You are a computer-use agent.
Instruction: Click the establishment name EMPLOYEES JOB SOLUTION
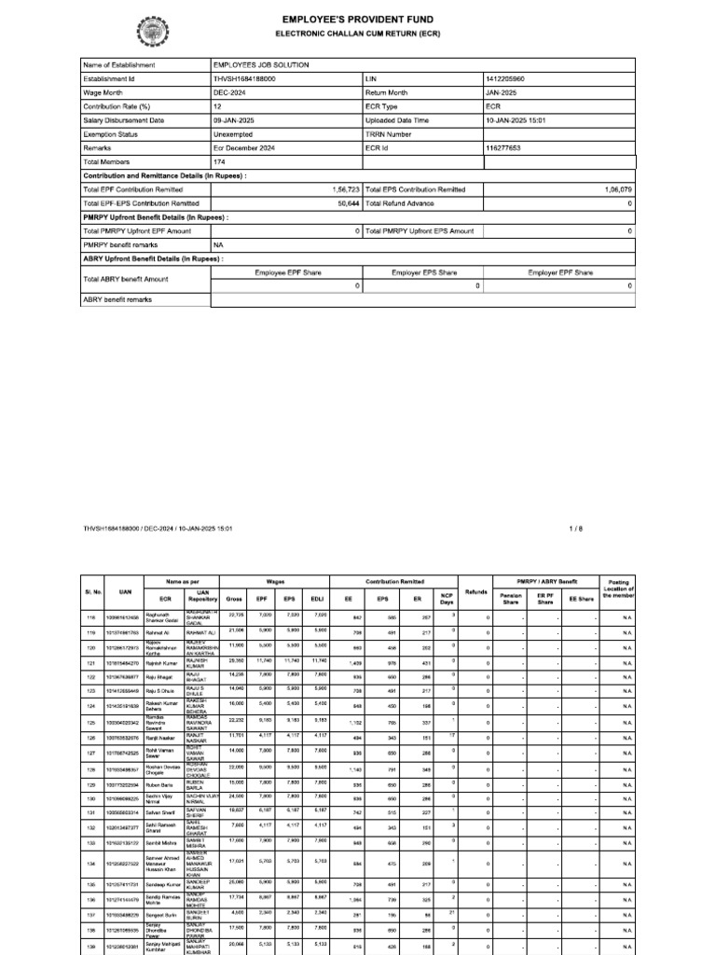[x=260, y=65]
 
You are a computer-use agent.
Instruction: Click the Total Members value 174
[x=220, y=161]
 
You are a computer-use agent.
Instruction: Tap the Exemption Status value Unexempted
[x=237, y=134]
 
